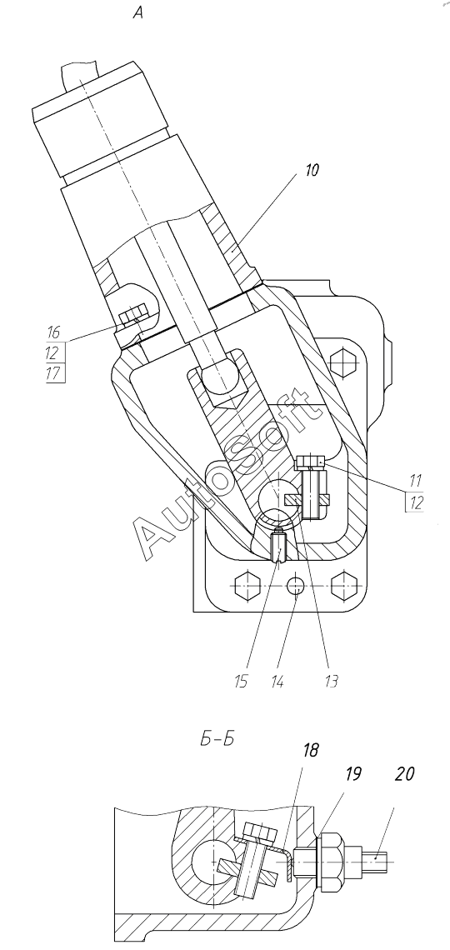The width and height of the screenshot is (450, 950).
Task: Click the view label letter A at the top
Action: click(x=138, y=12)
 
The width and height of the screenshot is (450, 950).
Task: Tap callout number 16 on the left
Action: click(x=54, y=332)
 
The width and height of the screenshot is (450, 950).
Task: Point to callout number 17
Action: click(x=54, y=373)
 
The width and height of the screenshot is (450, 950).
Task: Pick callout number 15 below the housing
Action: click(x=242, y=682)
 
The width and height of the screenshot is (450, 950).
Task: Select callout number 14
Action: click(x=278, y=682)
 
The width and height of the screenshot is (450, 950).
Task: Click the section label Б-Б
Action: click(x=216, y=740)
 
